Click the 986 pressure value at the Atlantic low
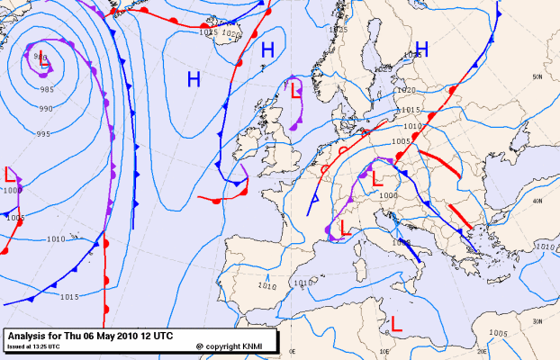tap(40, 58)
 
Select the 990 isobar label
tap(45, 109)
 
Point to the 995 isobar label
tap(42, 134)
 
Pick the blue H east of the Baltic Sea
tap(420, 49)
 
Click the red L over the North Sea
tap(294, 87)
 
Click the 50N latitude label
tap(537, 77)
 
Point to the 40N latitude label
tap(538, 202)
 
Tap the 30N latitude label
tap(538, 321)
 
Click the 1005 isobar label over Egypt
tap(499, 333)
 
